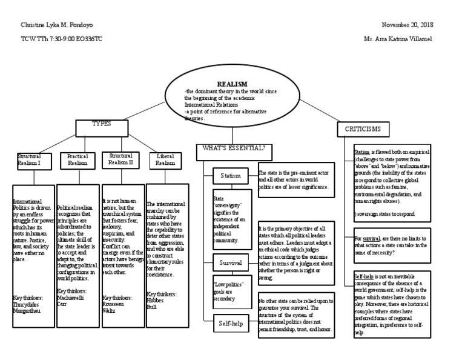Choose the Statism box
tap(231, 176)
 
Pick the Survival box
tap(231, 263)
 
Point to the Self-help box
tap(231, 324)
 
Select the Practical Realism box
tap(77, 160)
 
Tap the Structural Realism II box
tap(121, 159)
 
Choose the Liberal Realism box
tap(165, 160)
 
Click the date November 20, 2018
tap(408, 24)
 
